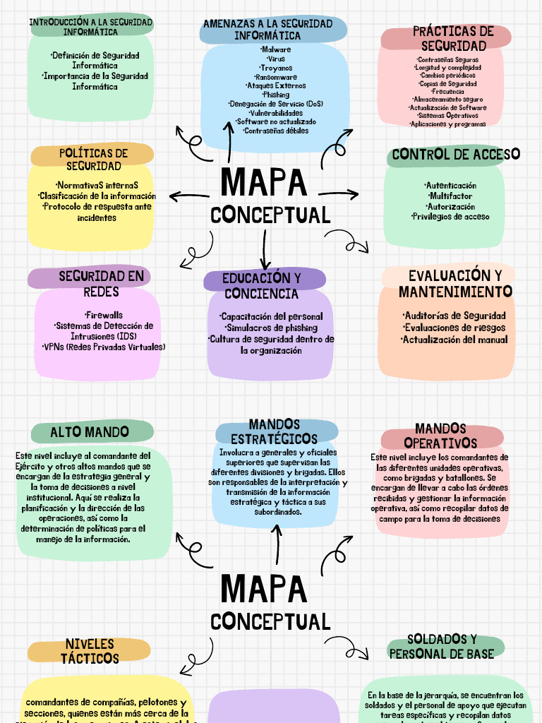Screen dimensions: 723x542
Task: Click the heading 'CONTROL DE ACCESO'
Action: [456, 154]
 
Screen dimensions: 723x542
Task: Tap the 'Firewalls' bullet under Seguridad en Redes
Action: [103, 315]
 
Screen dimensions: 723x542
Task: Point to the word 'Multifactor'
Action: [450, 196]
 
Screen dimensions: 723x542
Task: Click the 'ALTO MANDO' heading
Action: [90, 431]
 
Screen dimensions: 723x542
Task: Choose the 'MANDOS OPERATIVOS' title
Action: [440, 436]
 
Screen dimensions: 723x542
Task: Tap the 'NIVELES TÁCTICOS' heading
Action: [90, 651]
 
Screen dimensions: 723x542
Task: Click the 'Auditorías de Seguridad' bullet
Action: [454, 316]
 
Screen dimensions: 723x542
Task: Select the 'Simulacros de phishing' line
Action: [271, 328]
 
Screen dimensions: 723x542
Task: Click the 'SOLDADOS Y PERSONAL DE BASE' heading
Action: [442, 646]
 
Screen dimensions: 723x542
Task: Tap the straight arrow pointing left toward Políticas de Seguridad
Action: [190, 195]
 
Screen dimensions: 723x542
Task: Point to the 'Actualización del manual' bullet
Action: [454, 340]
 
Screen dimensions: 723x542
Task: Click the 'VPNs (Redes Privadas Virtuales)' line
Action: [104, 347]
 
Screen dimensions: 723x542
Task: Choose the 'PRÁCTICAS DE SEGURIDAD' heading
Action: [443, 38]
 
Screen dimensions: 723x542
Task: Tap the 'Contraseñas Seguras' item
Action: [447, 60]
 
